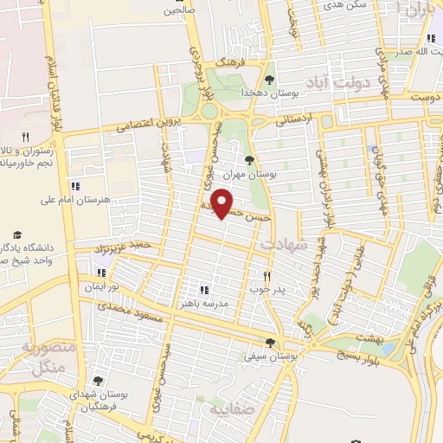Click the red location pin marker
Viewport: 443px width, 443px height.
223,203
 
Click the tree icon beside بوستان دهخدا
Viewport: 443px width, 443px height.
271,80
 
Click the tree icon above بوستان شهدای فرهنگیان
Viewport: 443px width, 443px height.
98,381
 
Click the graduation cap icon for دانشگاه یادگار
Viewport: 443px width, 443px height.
16,234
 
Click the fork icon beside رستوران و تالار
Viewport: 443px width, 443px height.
25,137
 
